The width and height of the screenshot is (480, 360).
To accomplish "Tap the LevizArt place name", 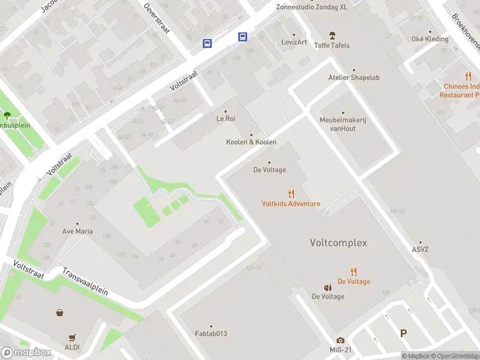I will pyautogui.click(x=294, y=42).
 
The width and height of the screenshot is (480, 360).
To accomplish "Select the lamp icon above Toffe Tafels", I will pyautogui.click(x=332, y=36).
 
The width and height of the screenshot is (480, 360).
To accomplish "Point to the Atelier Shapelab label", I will pyautogui.click(x=353, y=77).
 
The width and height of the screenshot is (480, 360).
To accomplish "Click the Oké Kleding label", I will pyautogui.click(x=430, y=39).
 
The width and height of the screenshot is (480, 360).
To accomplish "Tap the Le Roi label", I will pyautogui.click(x=226, y=119).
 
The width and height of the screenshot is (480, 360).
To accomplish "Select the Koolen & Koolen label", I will pyautogui.click(x=251, y=142).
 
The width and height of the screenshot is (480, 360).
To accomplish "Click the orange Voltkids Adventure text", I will pyautogui.click(x=291, y=203).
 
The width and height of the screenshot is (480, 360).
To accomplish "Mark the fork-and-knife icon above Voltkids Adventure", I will pyautogui.click(x=291, y=194).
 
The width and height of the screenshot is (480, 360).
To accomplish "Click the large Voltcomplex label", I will pyautogui.click(x=338, y=243).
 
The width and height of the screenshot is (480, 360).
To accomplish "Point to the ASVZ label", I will pyautogui.click(x=421, y=250).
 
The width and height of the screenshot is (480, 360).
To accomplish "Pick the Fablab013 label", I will pyautogui.click(x=211, y=334).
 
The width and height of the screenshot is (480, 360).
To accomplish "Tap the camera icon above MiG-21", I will pyautogui.click(x=341, y=341).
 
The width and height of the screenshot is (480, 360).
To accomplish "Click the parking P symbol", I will pyautogui.click(x=404, y=333).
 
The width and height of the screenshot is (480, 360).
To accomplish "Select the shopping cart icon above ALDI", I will pyautogui.click(x=73, y=338).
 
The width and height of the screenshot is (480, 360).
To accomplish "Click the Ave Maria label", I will pyautogui.click(x=77, y=231).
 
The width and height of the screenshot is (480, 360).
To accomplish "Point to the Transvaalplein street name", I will pyautogui.click(x=86, y=281).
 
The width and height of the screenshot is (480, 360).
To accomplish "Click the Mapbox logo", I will pyautogui.click(x=26, y=352).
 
